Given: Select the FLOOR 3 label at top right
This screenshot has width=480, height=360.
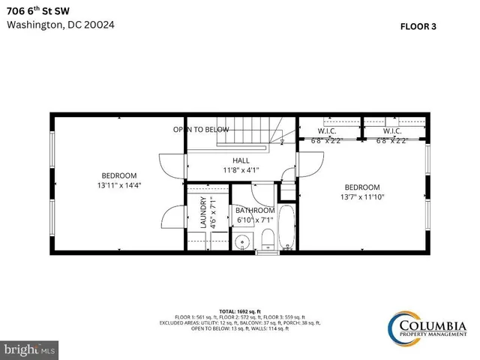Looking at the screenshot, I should coord(418,25).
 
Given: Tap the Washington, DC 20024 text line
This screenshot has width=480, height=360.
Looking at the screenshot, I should coord(61,24).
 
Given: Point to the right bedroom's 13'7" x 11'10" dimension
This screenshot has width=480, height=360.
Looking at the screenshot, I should coord(362,197).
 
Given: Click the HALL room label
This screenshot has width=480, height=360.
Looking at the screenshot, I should coord(241,160).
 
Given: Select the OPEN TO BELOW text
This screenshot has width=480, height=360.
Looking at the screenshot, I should coord(201,129).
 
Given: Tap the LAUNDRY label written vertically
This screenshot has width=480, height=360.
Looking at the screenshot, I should coord(203,212).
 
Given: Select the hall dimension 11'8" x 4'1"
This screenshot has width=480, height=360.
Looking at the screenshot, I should coord(241,169).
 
